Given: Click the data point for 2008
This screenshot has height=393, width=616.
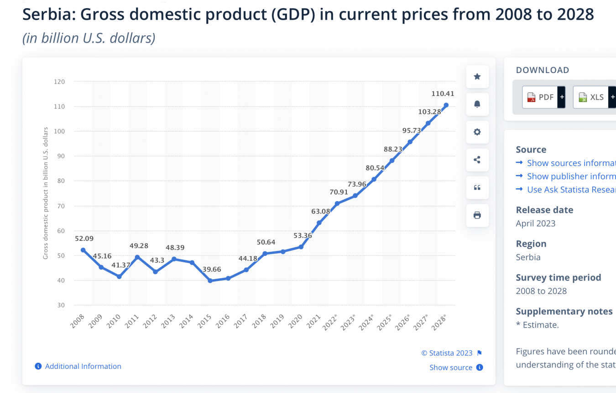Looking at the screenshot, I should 83,250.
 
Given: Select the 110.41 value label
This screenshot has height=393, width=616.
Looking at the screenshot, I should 443,94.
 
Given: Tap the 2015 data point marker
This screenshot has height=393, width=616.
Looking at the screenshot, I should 210,281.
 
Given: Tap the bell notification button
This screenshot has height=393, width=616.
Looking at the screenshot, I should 477,104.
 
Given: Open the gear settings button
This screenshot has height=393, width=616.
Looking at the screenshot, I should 477,132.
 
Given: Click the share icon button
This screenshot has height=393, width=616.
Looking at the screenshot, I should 477,160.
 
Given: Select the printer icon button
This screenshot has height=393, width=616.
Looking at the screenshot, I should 477,215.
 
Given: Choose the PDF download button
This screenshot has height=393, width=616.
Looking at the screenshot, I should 541,97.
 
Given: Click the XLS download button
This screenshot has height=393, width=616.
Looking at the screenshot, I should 592,97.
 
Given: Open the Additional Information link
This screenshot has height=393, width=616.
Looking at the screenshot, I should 83,366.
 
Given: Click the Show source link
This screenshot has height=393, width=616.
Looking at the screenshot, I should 451,367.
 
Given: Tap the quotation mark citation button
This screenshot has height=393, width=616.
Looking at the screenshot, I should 477,187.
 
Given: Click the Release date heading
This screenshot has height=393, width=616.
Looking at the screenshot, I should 544,210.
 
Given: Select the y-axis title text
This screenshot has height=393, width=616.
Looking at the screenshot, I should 46,193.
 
